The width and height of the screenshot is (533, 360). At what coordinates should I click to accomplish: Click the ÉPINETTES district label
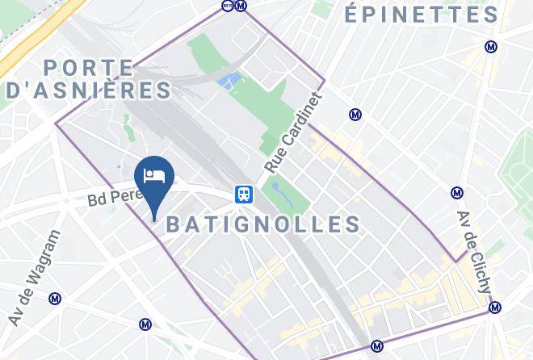(422, 15)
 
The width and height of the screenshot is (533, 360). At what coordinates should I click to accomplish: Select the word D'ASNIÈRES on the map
(88, 90)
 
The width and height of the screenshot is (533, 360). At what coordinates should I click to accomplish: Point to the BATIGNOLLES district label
(263, 224)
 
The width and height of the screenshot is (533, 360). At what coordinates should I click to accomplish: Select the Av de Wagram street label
(36, 278)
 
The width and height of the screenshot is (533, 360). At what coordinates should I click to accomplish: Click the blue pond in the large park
(229, 81)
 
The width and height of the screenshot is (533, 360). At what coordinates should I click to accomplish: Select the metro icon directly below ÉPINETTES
(491, 48)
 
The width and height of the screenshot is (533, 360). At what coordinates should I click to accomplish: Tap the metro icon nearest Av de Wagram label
(56, 299)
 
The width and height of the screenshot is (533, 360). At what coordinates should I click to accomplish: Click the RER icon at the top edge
(227, 6)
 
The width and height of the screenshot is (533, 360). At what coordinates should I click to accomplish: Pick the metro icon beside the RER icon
(240, 6)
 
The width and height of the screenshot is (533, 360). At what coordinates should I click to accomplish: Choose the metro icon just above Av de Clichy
(457, 193)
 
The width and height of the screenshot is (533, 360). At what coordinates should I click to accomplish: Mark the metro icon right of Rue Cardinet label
(354, 115)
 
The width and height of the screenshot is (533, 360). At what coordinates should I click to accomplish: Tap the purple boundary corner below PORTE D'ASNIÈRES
(56, 123)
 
